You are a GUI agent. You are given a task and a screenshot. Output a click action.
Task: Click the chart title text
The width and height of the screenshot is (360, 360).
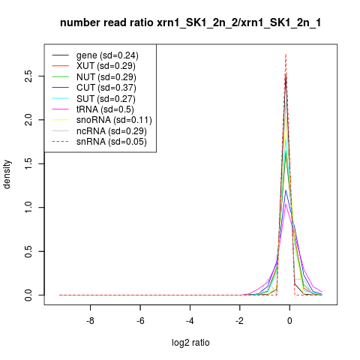(190, 22)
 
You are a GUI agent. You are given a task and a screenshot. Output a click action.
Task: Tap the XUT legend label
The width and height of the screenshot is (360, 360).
(106, 66)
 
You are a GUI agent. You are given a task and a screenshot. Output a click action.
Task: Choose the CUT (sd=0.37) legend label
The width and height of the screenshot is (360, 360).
(106, 88)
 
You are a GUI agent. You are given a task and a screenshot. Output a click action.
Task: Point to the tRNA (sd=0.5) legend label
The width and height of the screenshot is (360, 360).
(105, 109)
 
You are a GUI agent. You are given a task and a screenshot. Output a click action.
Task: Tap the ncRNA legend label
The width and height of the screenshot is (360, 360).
(112, 131)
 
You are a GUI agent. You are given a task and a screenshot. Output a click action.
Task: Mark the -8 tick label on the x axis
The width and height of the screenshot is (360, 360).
(90, 321)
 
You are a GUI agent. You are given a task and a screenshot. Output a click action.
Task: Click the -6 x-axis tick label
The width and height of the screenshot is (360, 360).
(140, 321)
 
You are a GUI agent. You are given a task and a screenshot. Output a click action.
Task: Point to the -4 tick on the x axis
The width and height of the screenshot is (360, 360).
(190, 321)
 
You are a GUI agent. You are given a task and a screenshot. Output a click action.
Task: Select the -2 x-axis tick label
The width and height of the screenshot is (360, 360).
(239, 321)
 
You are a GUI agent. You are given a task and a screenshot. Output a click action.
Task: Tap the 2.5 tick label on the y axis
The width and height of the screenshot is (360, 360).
(28, 76)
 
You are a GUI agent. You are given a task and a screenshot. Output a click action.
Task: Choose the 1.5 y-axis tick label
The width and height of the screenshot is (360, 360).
(28, 163)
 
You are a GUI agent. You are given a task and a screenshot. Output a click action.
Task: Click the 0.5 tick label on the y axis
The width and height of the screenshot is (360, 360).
(28, 251)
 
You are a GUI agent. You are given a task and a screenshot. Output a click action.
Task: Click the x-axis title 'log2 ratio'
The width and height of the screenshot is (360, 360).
(190, 343)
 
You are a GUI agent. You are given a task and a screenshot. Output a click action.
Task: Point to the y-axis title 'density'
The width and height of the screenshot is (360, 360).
(7, 175)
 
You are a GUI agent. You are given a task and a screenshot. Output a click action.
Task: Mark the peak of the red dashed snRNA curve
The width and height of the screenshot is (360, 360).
(286, 54)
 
